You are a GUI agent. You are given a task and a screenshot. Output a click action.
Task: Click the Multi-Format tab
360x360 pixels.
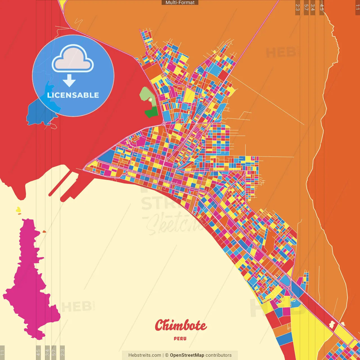coord(180,3)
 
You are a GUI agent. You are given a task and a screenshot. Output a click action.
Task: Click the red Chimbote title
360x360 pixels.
coord(181,326)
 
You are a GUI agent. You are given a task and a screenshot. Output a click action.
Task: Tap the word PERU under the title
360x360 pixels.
coord(180,339)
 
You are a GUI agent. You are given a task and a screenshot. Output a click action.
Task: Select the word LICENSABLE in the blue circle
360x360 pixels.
coord(73,95)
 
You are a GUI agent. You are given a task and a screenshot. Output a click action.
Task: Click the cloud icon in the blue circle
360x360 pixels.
coord(73,59)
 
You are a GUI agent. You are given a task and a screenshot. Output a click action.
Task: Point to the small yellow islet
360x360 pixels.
coord(18,210)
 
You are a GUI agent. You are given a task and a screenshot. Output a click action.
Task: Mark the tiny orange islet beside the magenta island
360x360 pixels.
coord(44,232)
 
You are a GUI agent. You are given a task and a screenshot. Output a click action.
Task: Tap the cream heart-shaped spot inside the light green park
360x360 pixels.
coord(150,100)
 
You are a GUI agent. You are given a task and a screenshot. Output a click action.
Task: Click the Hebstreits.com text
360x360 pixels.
coord(145,355)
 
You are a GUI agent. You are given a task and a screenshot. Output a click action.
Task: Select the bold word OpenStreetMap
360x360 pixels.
coord(187,355)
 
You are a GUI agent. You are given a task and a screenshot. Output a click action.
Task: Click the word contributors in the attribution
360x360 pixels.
coord(219,355)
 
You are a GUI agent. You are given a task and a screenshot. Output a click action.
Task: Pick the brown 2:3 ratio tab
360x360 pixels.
coord(298,7)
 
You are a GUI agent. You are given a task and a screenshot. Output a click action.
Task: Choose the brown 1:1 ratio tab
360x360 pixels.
coord(357,7)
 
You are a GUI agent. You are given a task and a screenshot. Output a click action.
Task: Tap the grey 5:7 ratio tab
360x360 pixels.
coord(54,352)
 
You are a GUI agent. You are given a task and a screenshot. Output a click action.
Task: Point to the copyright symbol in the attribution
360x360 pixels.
coord(167,355)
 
